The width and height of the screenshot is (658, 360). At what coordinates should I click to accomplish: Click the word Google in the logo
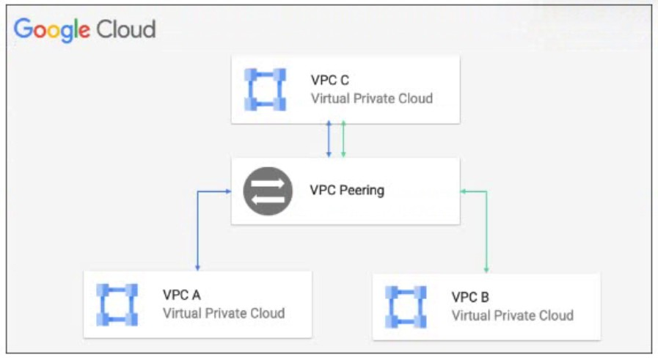point(51,30)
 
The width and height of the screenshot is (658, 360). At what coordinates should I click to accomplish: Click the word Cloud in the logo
point(125,29)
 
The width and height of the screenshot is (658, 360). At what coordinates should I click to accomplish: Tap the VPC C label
point(329,81)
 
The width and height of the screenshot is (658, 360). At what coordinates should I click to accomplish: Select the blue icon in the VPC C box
point(265,89)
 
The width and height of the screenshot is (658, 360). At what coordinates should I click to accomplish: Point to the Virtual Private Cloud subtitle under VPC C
point(371,98)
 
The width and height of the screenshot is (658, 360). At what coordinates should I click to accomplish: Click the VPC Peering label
point(347,191)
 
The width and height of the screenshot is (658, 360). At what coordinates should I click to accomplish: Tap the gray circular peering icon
point(268,191)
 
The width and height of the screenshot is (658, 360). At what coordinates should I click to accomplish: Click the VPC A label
point(181,295)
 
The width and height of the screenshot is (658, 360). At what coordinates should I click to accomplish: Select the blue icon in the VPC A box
point(117,304)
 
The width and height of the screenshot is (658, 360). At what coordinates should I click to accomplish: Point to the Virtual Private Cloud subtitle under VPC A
point(223,313)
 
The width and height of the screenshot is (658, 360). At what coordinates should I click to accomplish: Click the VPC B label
point(470,298)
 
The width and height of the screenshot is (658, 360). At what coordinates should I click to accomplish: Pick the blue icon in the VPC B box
point(406,306)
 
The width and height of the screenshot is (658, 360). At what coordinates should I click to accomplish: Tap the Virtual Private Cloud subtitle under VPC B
point(512,315)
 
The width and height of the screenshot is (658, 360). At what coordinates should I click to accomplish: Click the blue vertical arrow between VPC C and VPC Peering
point(329,139)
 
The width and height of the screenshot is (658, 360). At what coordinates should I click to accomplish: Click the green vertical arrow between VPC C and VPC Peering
point(343,139)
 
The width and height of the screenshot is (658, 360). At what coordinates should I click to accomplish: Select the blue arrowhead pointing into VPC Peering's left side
point(227,191)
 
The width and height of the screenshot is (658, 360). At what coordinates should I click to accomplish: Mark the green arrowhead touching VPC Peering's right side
point(464,191)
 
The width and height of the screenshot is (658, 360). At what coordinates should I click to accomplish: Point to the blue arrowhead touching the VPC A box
point(197,267)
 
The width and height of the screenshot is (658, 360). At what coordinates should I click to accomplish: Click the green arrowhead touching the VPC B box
point(486,270)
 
